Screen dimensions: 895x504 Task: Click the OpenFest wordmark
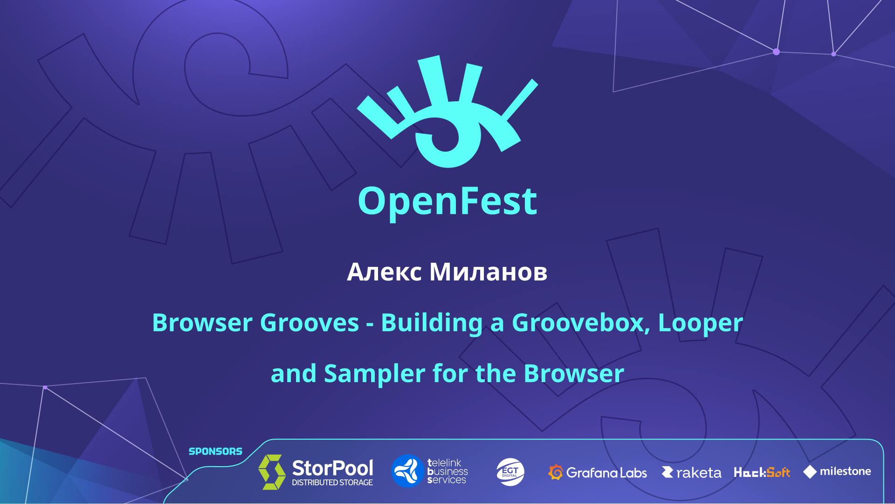coord(447,202)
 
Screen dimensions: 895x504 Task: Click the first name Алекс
coord(385,272)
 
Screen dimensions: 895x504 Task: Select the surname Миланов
coord(488,272)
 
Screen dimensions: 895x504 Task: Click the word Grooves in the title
coord(310,322)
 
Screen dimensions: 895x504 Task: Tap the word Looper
coord(700,323)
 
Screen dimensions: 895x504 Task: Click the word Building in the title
coord(432,323)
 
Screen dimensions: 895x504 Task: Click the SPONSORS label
coord(215,451)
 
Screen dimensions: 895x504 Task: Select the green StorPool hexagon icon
coord(272,472)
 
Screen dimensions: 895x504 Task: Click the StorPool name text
coord(332,468)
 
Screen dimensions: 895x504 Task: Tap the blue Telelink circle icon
coord(407,471)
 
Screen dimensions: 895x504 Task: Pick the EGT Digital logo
coord(510,472)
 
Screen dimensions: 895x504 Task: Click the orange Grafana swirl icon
coord(556,472)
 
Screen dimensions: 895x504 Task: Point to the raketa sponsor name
coord(698,473)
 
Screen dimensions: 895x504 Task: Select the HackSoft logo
coord(762,472)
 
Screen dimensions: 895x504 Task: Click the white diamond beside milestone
coord(810,472)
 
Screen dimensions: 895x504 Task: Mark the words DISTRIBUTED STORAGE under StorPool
coord(332,483)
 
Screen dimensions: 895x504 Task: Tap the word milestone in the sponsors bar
coord(845,471)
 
